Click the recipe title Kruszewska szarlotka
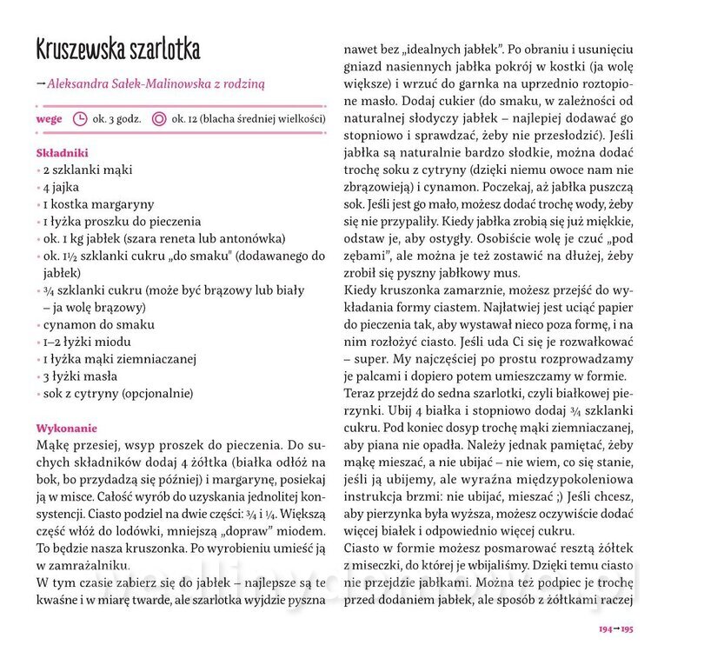(117, 49)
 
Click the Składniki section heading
(63, 153)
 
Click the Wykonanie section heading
(67, 428)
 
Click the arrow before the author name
(41, 84)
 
